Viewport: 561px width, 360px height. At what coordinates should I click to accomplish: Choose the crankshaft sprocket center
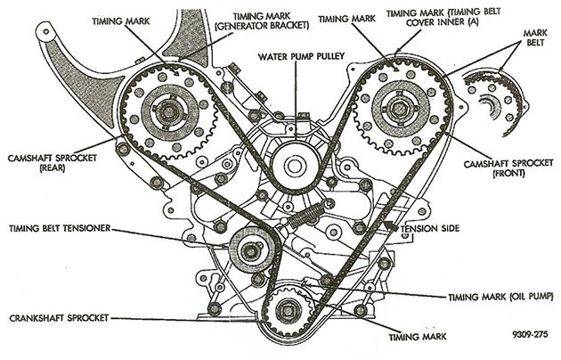click(x=289, y=313)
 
